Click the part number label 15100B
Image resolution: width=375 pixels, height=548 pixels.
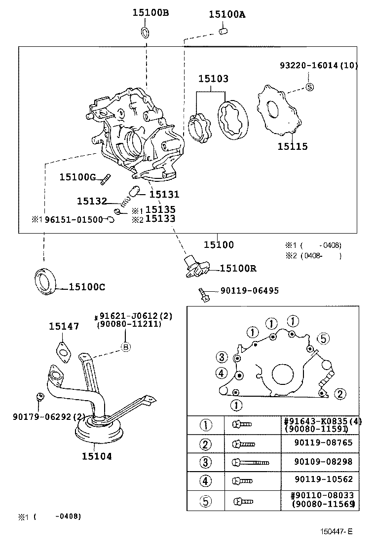[150, 13]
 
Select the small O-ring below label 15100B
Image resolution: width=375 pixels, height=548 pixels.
[146, 33]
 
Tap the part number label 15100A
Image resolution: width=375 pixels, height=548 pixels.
[227, 14]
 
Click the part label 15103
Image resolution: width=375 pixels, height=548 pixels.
[213, 79]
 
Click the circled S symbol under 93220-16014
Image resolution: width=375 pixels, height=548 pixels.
[309, 87]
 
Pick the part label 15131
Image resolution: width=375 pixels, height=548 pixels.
[164, 195]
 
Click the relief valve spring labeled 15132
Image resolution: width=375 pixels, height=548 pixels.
[127, 200]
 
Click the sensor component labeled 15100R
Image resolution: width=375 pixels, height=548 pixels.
[195, 266]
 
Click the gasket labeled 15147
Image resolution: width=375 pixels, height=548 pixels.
[63, 350]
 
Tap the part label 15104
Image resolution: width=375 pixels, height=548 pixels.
[97, 456]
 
